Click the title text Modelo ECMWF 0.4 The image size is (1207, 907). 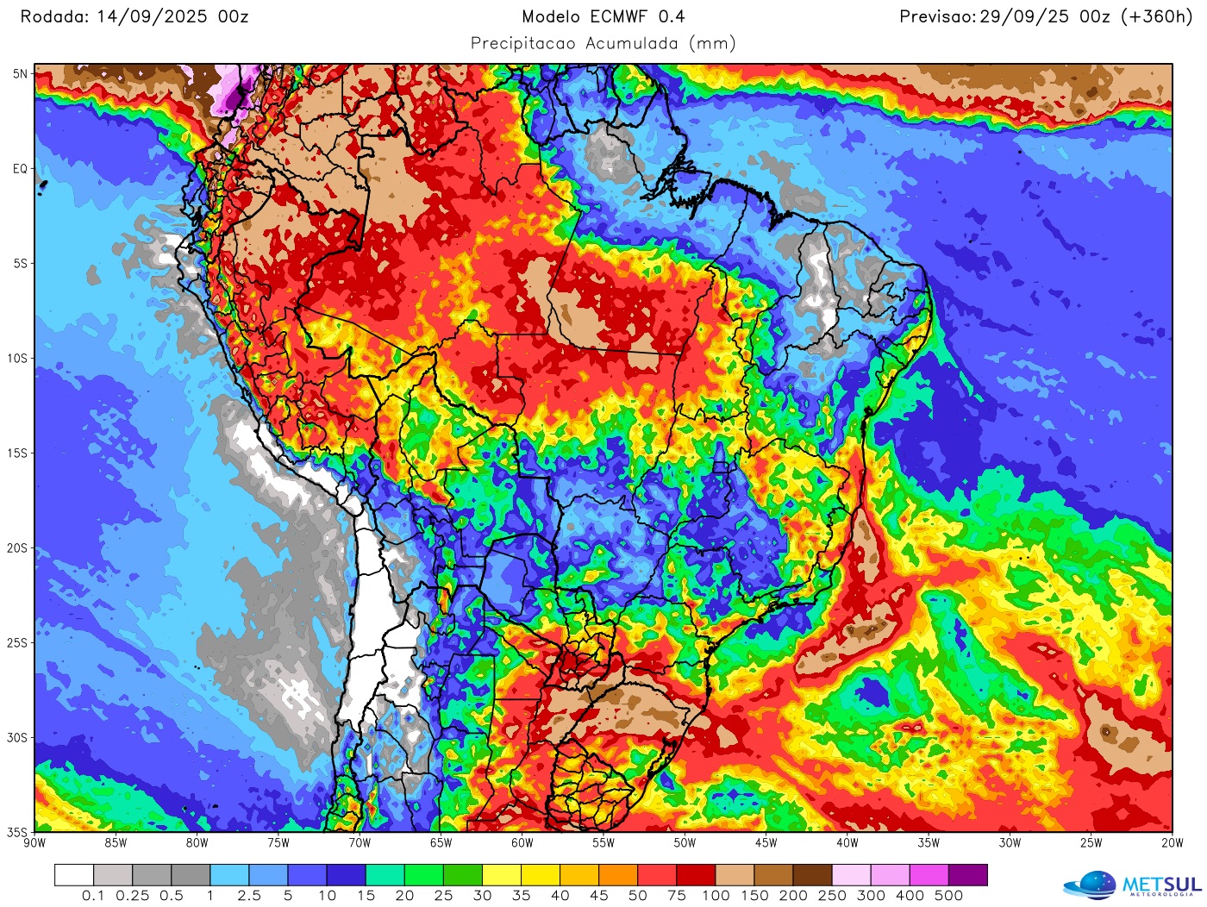603,16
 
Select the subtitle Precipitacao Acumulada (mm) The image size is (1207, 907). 603,43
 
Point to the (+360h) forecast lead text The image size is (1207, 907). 1156,16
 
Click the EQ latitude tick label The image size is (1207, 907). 20,169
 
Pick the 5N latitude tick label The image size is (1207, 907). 20,74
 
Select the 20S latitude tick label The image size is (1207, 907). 18,548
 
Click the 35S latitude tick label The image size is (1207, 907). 18,833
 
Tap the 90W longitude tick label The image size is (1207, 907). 34,843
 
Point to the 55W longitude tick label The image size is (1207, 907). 603,843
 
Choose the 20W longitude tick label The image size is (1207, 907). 1172,843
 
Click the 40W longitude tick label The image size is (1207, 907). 847,843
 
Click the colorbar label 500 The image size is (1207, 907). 948,896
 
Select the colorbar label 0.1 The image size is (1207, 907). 93,896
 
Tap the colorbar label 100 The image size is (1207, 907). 716,896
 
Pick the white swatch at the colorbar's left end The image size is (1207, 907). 73,875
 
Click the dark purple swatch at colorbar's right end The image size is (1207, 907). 967,875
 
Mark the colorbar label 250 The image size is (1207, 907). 832,896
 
